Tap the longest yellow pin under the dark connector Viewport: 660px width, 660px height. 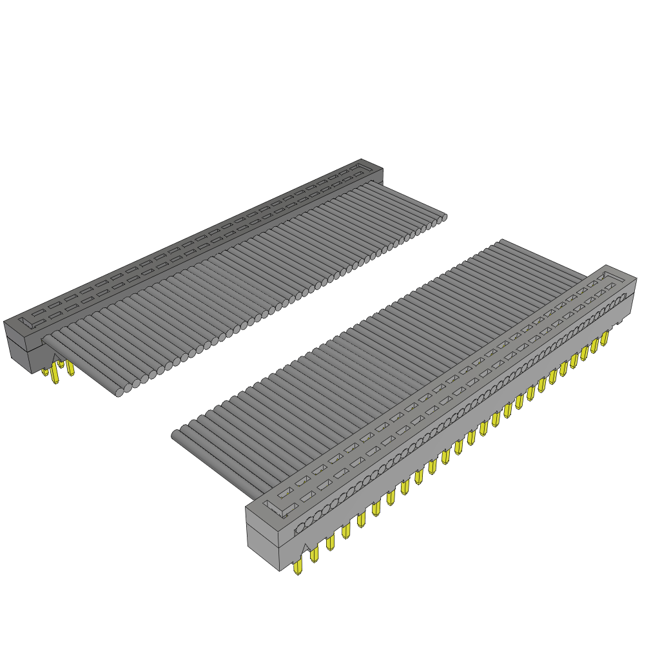(55, 376)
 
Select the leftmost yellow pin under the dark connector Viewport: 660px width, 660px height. (45, 371)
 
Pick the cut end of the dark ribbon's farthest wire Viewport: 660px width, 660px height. (443, 217)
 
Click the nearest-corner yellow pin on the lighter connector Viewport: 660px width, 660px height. (297, 568)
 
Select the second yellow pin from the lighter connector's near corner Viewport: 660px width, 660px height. (314, 554)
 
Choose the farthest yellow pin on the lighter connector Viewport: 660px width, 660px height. (605, 339)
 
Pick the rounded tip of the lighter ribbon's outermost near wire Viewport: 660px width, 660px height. (175, 436)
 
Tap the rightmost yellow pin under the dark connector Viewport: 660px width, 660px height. (70, 369)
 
